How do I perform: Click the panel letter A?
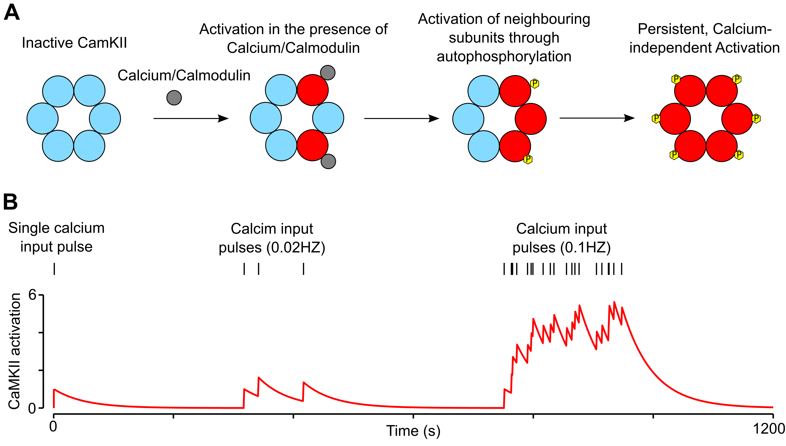tap(12, 13)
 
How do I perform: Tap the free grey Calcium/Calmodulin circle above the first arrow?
tap(174, 98)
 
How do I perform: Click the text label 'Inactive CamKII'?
tap(74, 43)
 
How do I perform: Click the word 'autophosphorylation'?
tap(504, 57)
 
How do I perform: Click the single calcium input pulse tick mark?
tap(54, 269)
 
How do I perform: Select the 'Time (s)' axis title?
tap(413, 431)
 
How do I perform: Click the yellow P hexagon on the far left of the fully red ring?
tap(656, 118)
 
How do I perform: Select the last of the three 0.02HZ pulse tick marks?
tap(303, 269)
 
